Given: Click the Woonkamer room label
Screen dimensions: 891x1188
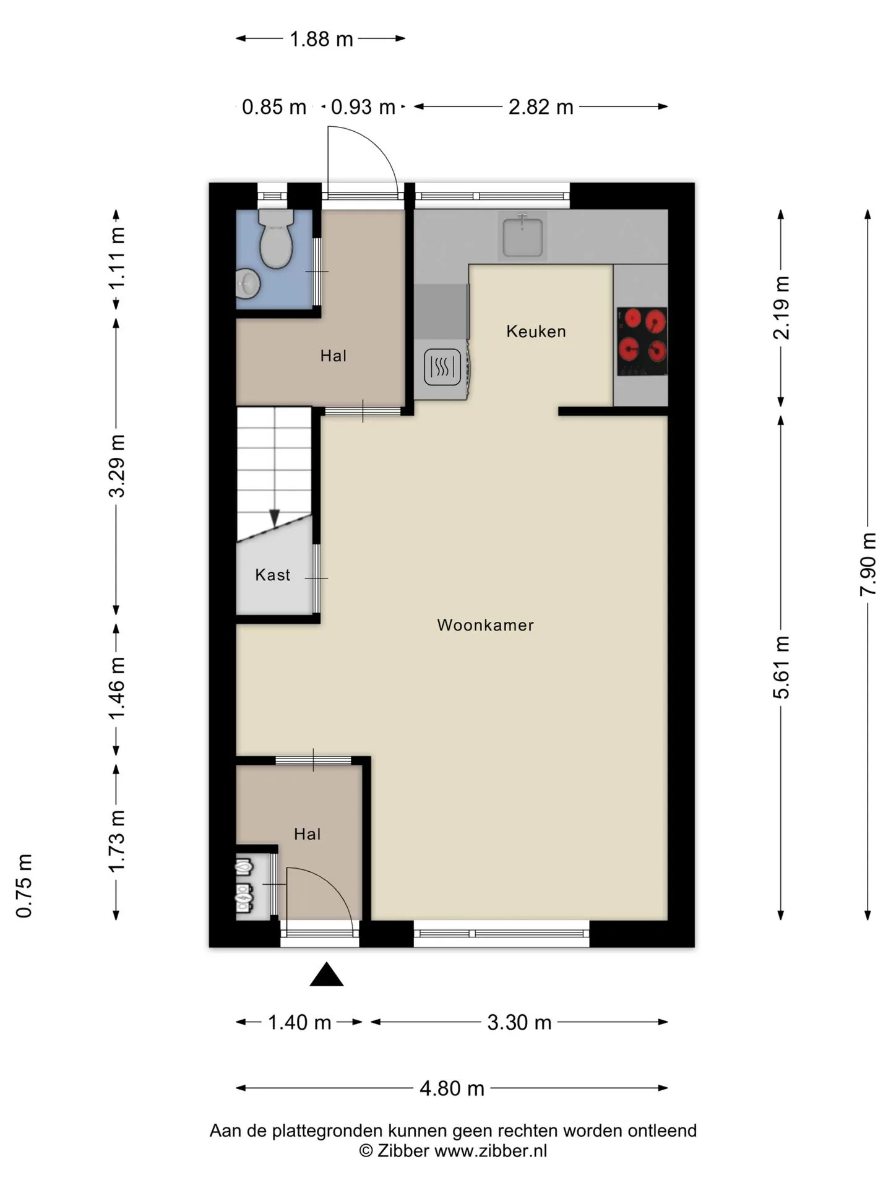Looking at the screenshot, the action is point(485,625).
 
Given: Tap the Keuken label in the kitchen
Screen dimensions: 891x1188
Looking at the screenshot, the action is point(536,331).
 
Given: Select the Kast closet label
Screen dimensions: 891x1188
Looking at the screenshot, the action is point(272,575).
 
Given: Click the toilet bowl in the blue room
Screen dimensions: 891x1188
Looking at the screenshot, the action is point(276,239).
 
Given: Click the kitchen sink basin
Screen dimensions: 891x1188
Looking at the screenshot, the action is point(523,236).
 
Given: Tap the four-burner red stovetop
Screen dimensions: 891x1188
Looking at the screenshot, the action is point(642,341).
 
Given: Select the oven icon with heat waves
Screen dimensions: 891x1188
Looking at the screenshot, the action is point(442,367).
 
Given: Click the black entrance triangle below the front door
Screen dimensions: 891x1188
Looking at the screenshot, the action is point(327,975).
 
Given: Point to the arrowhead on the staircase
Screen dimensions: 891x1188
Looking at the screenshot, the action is point(274,519).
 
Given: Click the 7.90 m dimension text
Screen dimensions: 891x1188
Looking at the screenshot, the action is point(868,564).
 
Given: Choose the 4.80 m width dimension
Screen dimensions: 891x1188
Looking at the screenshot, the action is point(452,1088).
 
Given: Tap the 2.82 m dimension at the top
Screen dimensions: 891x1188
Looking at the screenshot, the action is point(541,107).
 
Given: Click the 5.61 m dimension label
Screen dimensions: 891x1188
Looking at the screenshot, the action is point(781,667).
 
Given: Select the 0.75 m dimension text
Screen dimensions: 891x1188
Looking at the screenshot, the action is point(24,885).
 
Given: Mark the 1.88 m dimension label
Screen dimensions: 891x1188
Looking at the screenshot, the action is point(321,39).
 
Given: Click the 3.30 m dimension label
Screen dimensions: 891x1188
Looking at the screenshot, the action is point(519,1023).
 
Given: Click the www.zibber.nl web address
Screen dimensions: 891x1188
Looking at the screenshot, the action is point(491,1151).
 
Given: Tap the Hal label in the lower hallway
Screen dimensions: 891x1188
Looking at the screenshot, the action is point(307,834).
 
